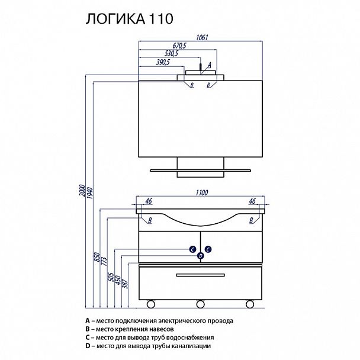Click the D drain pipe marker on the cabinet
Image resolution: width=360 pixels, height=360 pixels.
(x=201, y=255)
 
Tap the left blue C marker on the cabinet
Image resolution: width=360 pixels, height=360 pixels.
(x=193, y=249)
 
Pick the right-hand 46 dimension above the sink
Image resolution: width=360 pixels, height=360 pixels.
(x=252, y=202)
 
